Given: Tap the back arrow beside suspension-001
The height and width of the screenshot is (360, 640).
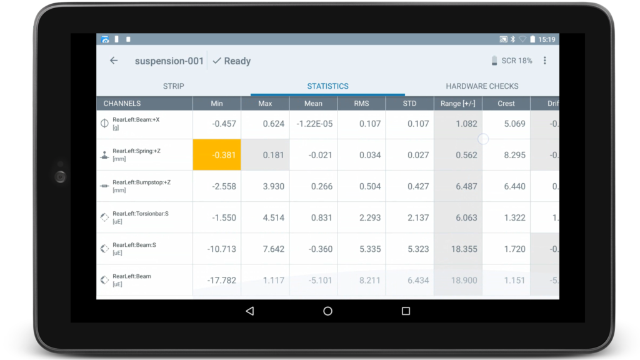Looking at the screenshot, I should pos(114,61).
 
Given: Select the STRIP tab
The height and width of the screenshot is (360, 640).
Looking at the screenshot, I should pos(174,86).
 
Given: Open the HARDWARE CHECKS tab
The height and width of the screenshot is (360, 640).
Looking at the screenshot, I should pos(482,86).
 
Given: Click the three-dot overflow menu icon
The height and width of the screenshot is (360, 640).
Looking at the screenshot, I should pos(545,61).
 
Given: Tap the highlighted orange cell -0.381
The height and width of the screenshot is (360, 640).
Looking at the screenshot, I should pos(216,155).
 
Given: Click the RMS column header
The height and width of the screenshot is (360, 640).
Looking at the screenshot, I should pos(361,104).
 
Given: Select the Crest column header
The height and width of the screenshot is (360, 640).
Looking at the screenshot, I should pos(506,104).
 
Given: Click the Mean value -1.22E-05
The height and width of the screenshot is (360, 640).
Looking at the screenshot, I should pos(314,124).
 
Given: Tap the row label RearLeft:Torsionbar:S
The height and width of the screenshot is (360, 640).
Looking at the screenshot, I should pos(140,214).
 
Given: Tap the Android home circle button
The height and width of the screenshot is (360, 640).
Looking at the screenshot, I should pos(327,311).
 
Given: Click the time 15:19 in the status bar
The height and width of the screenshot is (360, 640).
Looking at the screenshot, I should pos(546,39).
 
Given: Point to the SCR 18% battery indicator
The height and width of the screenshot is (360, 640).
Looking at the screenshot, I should pos(512,61).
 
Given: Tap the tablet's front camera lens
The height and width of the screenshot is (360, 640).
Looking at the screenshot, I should pos(60,177).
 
